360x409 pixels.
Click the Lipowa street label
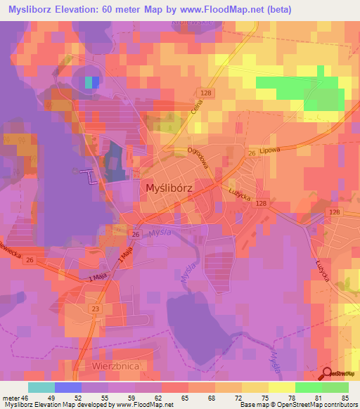coord(269,150)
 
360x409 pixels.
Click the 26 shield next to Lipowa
coord(251,154)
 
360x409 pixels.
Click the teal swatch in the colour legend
coord(41,387)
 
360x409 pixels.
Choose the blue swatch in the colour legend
coord(68,387)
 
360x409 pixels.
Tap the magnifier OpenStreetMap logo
coord(328,374)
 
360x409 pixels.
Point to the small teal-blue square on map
coord(91,82)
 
